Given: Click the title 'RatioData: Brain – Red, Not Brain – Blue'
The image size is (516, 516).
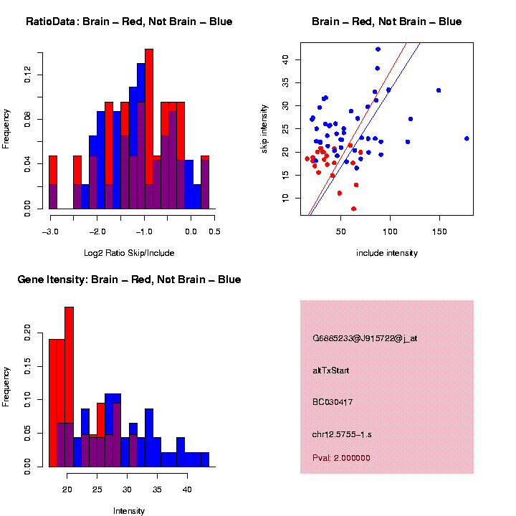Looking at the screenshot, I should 129,21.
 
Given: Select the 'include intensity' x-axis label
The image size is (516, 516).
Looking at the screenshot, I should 386,252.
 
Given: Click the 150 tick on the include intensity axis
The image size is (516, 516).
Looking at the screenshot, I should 439,232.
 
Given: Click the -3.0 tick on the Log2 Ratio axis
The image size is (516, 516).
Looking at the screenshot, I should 49,231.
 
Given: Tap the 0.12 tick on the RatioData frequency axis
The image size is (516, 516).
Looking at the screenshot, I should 28,75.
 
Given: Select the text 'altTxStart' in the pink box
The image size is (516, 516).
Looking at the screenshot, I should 331,371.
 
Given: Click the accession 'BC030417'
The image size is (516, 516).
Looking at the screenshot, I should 333,402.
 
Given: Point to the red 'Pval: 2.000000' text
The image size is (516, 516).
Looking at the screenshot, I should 341,457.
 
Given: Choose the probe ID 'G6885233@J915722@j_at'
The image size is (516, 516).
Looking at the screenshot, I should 365,338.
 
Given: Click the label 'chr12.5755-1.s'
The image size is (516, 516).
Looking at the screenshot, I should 342,434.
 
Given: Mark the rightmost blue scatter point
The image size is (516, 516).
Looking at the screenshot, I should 467,138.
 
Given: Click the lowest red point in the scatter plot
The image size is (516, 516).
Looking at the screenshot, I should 353,209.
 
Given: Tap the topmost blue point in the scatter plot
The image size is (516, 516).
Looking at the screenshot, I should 378,49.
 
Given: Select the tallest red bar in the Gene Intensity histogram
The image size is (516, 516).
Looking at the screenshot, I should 69,387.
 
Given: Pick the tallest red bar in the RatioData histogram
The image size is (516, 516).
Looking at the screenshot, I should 148,129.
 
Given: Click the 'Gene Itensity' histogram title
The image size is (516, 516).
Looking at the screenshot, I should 129,279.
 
